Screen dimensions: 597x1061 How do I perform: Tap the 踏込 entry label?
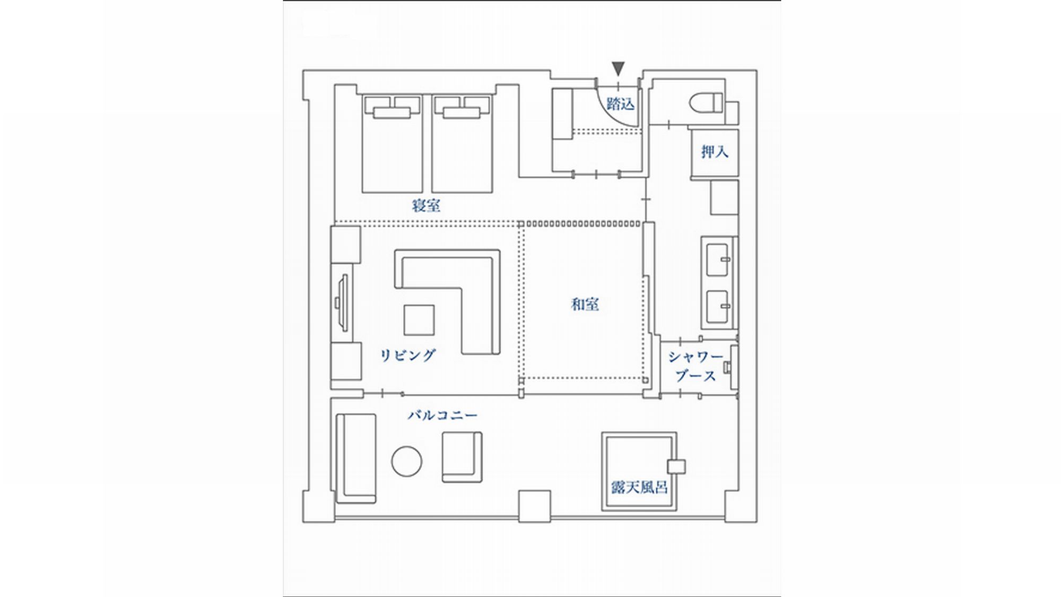620,103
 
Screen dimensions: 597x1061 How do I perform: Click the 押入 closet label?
715,152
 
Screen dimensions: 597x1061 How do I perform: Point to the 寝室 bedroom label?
426,206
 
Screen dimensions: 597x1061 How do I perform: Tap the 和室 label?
585,305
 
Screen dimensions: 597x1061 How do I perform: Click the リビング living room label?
408,355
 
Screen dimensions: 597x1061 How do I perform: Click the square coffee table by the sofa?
419,320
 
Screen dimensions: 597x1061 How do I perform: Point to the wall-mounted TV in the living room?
342,302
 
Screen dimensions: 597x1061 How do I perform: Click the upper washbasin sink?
719,259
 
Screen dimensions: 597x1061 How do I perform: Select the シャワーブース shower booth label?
695,366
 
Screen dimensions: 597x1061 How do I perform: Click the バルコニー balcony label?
442,415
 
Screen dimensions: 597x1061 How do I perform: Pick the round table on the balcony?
407,461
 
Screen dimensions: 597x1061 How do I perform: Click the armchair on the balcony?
462,457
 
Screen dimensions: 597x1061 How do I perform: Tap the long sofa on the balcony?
356,458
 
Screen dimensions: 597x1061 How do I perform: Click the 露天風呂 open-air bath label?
639,487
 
